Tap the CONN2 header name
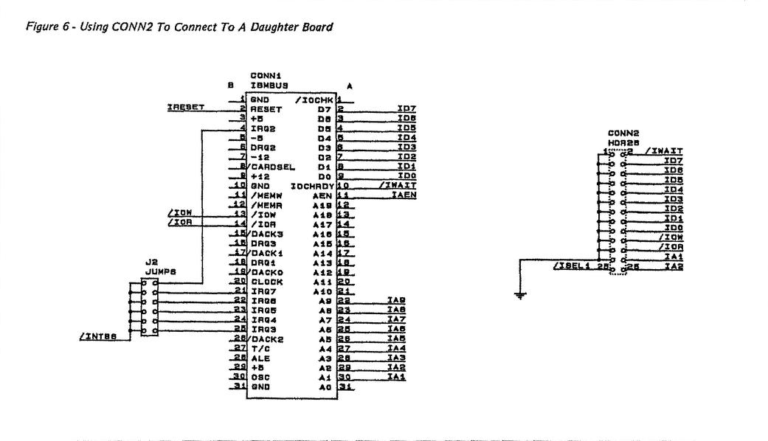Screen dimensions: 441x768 [627, 133]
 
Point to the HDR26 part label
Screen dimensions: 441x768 [627, 142]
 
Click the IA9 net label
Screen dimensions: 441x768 [396, 300]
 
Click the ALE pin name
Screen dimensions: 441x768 [260, 358]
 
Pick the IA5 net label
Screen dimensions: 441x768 [396, 338]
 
